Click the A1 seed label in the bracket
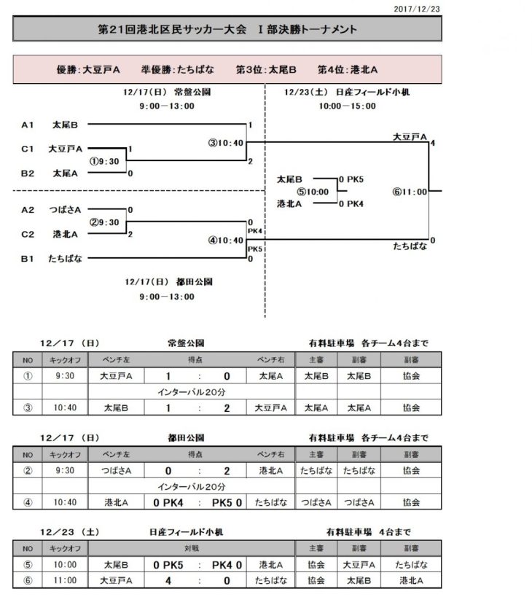coord(28,125)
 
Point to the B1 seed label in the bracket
coord(28,258)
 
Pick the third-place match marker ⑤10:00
coord(312,192)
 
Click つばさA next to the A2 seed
coord(66,210)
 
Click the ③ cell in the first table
coord(28,408)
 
